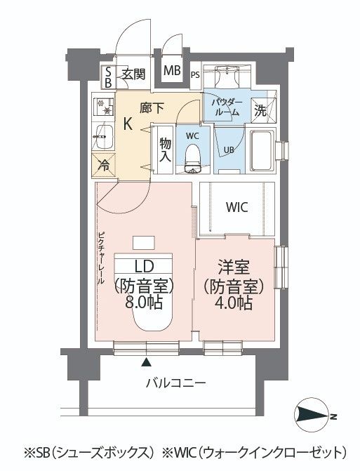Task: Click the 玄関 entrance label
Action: (x=133, y=74)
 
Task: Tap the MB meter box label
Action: (x=172, y=71)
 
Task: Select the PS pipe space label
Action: (x=194, y=75)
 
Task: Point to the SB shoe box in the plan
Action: (x=108, y=77)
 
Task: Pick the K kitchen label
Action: (x=128, y=124)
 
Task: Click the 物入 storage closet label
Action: (x=166, y=148)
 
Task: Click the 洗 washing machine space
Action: (x=260, y=110)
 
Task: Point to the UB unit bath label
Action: (x=228, y=149)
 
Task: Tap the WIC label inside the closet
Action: (x=236, y=208)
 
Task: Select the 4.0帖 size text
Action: (x=234, y=304)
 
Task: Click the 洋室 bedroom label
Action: (x=234, y=267)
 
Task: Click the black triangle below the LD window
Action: (x=146, y=363)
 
